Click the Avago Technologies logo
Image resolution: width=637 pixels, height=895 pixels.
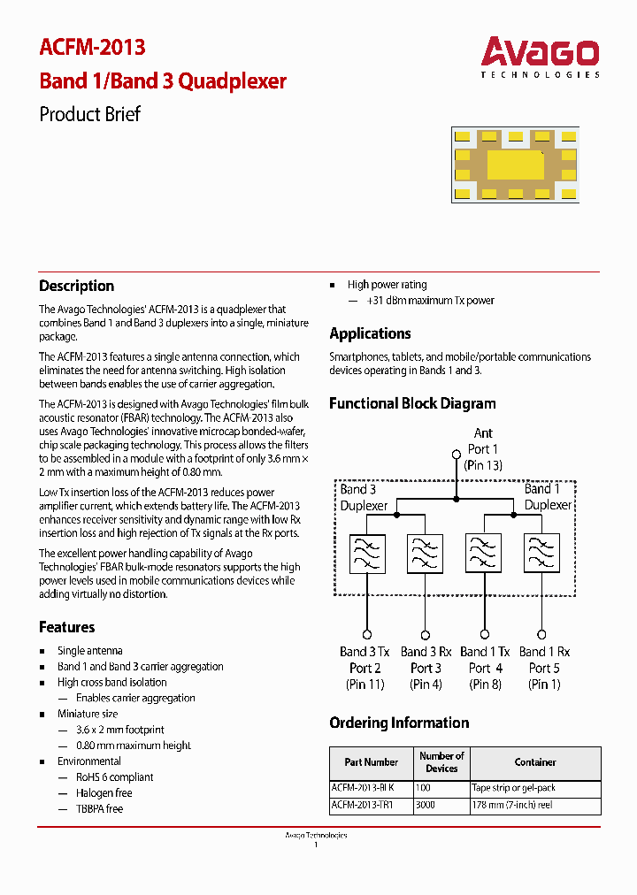click(x=540, y=57)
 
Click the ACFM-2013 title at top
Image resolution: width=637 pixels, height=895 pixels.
click(x=92, y=47)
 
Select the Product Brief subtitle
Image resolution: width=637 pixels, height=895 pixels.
click(x=89, y=114)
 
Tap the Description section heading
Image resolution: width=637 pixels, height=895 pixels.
click(x=76, y=286)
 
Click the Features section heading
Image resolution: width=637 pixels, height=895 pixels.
click(x=66, y=627)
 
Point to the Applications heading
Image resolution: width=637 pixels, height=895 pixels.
click(x=370, y=333)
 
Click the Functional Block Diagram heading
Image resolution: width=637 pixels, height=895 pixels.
click(x=412, y=403)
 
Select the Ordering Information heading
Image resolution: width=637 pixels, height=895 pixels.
click(x=399, y=723)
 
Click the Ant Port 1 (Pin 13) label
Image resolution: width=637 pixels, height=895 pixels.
click(x=482, y=448)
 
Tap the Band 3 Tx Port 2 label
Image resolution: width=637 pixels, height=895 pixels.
click(x=365, y=668)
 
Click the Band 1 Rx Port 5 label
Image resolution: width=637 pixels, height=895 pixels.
click(x=544, y=668)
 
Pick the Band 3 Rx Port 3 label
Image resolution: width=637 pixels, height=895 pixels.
click(x=426, y=668)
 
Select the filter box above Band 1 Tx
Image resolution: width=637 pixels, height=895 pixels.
click(x=484, y=555)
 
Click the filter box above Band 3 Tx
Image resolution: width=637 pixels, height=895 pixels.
click(x=366, y=555)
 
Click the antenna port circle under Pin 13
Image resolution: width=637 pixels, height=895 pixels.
click(x=456, y=455)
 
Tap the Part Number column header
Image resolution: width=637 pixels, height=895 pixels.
click(x=371, y=762)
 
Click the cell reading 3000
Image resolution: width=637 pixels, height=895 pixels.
click(x=425, y=805)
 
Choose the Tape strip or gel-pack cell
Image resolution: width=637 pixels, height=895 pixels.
click(x=513, y=787)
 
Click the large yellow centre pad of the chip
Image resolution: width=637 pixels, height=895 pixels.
click(x=515, y=164)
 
